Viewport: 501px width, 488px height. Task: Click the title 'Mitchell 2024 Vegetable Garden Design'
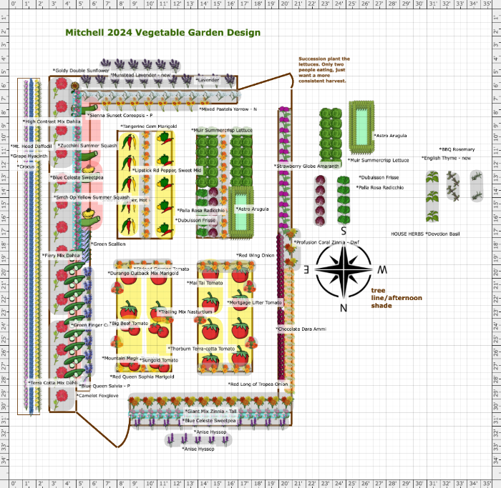click(162, 33)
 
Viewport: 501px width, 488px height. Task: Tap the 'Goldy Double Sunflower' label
click(81, 71)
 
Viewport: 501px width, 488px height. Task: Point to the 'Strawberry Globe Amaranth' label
click(306, 166)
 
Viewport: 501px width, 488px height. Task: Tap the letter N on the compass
click(344, 308)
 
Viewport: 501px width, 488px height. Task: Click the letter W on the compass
click(382, 269)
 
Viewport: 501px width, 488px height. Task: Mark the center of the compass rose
click(344, 269)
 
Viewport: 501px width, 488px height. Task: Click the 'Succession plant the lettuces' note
click(324, 70)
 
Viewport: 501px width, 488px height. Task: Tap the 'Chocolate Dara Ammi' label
click(301, 329)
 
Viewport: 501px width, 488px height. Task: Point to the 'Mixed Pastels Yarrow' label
click(228, 109)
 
